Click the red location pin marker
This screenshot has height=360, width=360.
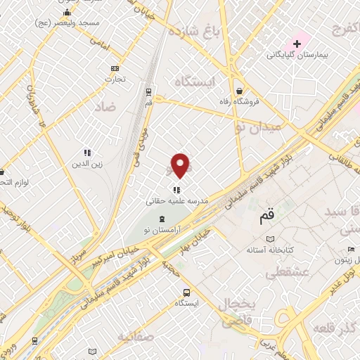[181, 165]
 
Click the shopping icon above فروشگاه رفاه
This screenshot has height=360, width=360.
[240, 91]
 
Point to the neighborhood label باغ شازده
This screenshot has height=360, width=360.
[217, 32]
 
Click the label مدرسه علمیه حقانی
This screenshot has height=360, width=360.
[177, 200]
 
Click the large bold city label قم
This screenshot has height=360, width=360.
[266, 217]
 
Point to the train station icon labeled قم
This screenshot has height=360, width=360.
[148, 92]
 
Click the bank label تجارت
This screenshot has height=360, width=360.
[115, 79]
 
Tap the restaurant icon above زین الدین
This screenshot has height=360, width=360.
[87, 153]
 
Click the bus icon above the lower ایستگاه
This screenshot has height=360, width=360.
[187, 292]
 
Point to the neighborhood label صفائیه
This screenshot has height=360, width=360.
[136, 336]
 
